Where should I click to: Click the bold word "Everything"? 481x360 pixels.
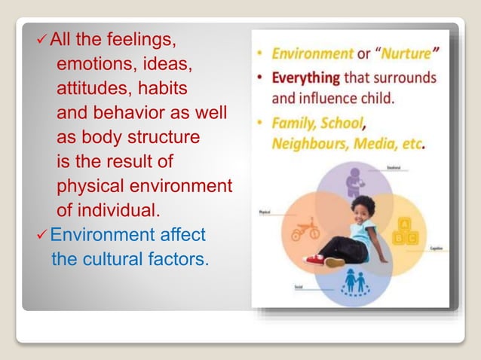point(306,78)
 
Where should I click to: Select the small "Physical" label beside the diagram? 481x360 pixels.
point(265,213)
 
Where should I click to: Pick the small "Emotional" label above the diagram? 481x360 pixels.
point(393,166)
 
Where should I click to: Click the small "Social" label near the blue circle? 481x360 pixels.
point(299,288)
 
